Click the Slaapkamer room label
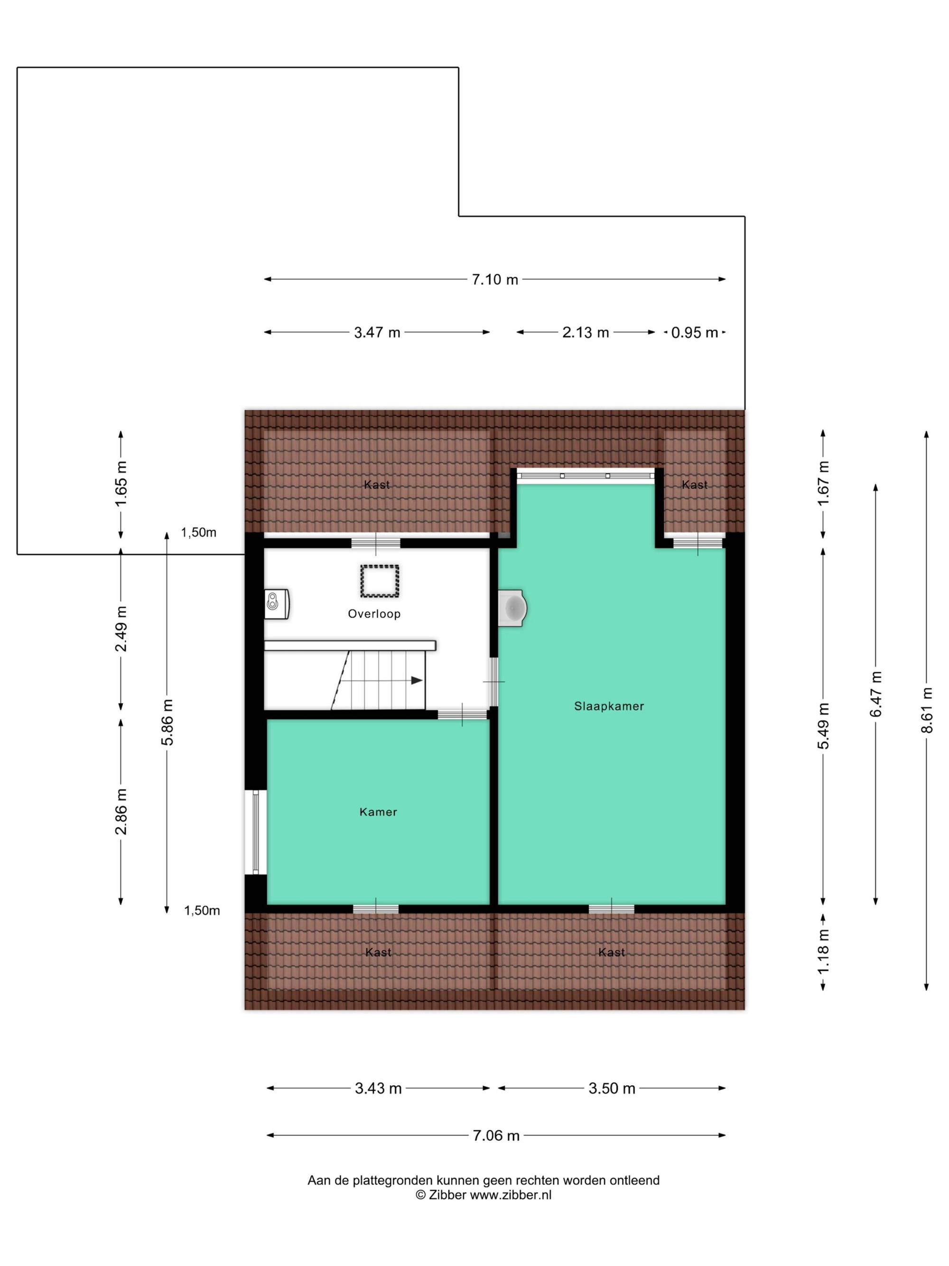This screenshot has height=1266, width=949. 609,706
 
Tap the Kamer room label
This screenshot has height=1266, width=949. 378,812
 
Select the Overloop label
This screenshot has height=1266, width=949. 374,614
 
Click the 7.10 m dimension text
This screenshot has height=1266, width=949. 495,279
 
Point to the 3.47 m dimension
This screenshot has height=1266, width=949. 377,332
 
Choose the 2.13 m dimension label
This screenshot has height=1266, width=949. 585,332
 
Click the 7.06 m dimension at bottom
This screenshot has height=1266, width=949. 496,1135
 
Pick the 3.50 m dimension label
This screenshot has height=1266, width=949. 612,1088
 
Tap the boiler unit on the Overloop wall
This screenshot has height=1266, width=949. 277,604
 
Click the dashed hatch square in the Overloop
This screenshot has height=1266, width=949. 379,581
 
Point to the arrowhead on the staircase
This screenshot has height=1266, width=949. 417,681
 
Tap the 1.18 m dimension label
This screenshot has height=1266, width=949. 823,951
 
